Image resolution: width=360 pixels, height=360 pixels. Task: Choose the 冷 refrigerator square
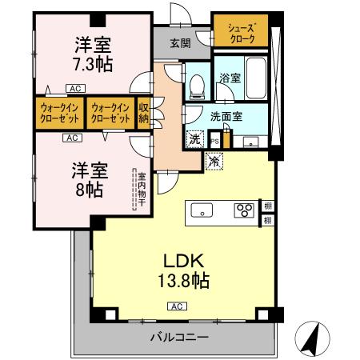[x=214, y=160]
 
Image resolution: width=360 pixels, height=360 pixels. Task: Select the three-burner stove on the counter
[x=243, y=211]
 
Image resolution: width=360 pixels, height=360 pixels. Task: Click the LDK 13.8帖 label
[x=186, y=270]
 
